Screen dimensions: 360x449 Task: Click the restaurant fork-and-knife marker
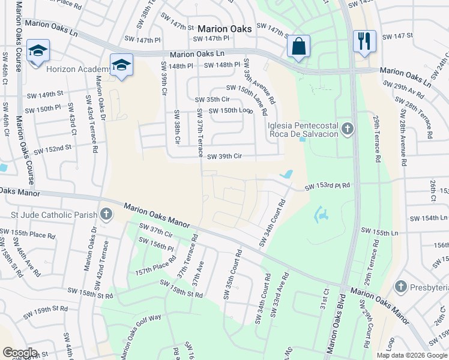point(364,42)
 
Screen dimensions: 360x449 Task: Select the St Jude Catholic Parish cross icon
point(106,214)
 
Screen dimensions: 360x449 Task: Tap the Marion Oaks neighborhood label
point(224,29)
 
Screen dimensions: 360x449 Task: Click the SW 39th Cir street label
point(224,157)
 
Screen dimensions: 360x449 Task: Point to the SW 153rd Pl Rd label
point(327,187)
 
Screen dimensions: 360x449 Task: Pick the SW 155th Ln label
point(379,231)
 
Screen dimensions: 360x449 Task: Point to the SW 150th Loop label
point(229,111)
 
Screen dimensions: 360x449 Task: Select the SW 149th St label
point(44,94)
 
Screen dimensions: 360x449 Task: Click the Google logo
point(19,353)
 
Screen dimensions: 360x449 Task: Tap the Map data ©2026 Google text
point(412,355)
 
